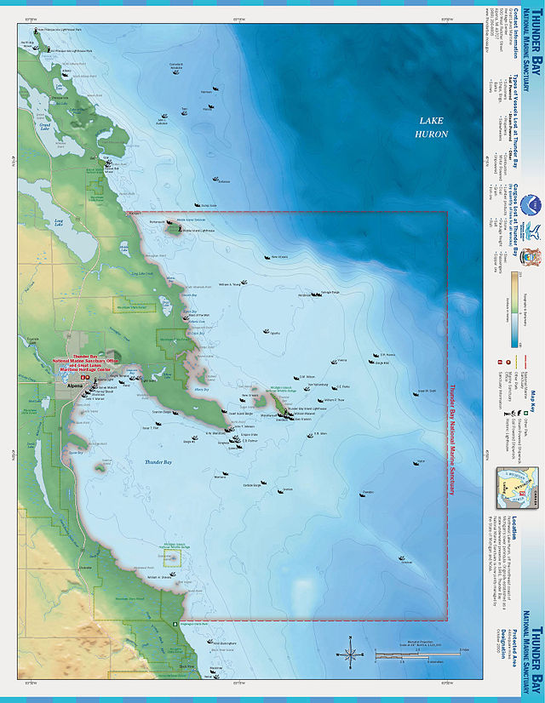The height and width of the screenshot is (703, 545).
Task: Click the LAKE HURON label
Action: click(x=432, y=128)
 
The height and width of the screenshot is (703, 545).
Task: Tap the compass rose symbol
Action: click(x=349, y=654)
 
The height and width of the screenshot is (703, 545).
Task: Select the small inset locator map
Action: click(x=516, y=483)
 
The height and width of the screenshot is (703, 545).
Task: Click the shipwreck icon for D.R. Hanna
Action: click(x=372, y=357)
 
